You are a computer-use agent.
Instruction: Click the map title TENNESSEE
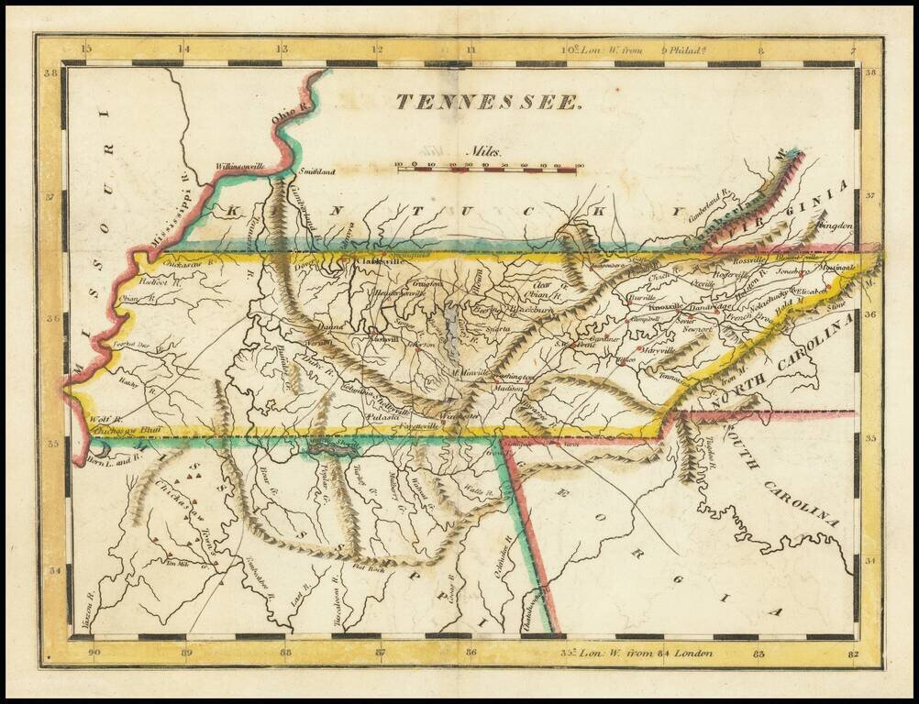pyautogui.click(x=489, y=102)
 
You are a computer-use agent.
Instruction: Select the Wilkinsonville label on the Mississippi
pyautogui.click(x=239, y=167)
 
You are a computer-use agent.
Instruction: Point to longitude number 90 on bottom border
pyautogui.click(x=94, y=653)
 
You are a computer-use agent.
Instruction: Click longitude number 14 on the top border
pyautogui.click(x=183, y=49)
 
